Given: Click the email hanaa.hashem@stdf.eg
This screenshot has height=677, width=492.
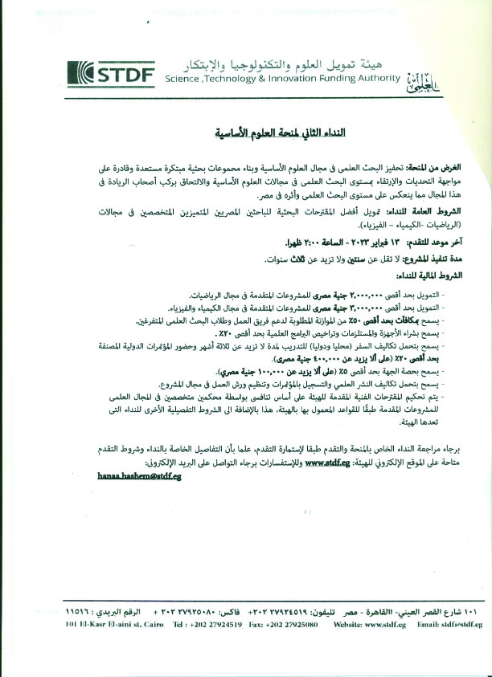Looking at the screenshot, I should click(137, 475).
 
